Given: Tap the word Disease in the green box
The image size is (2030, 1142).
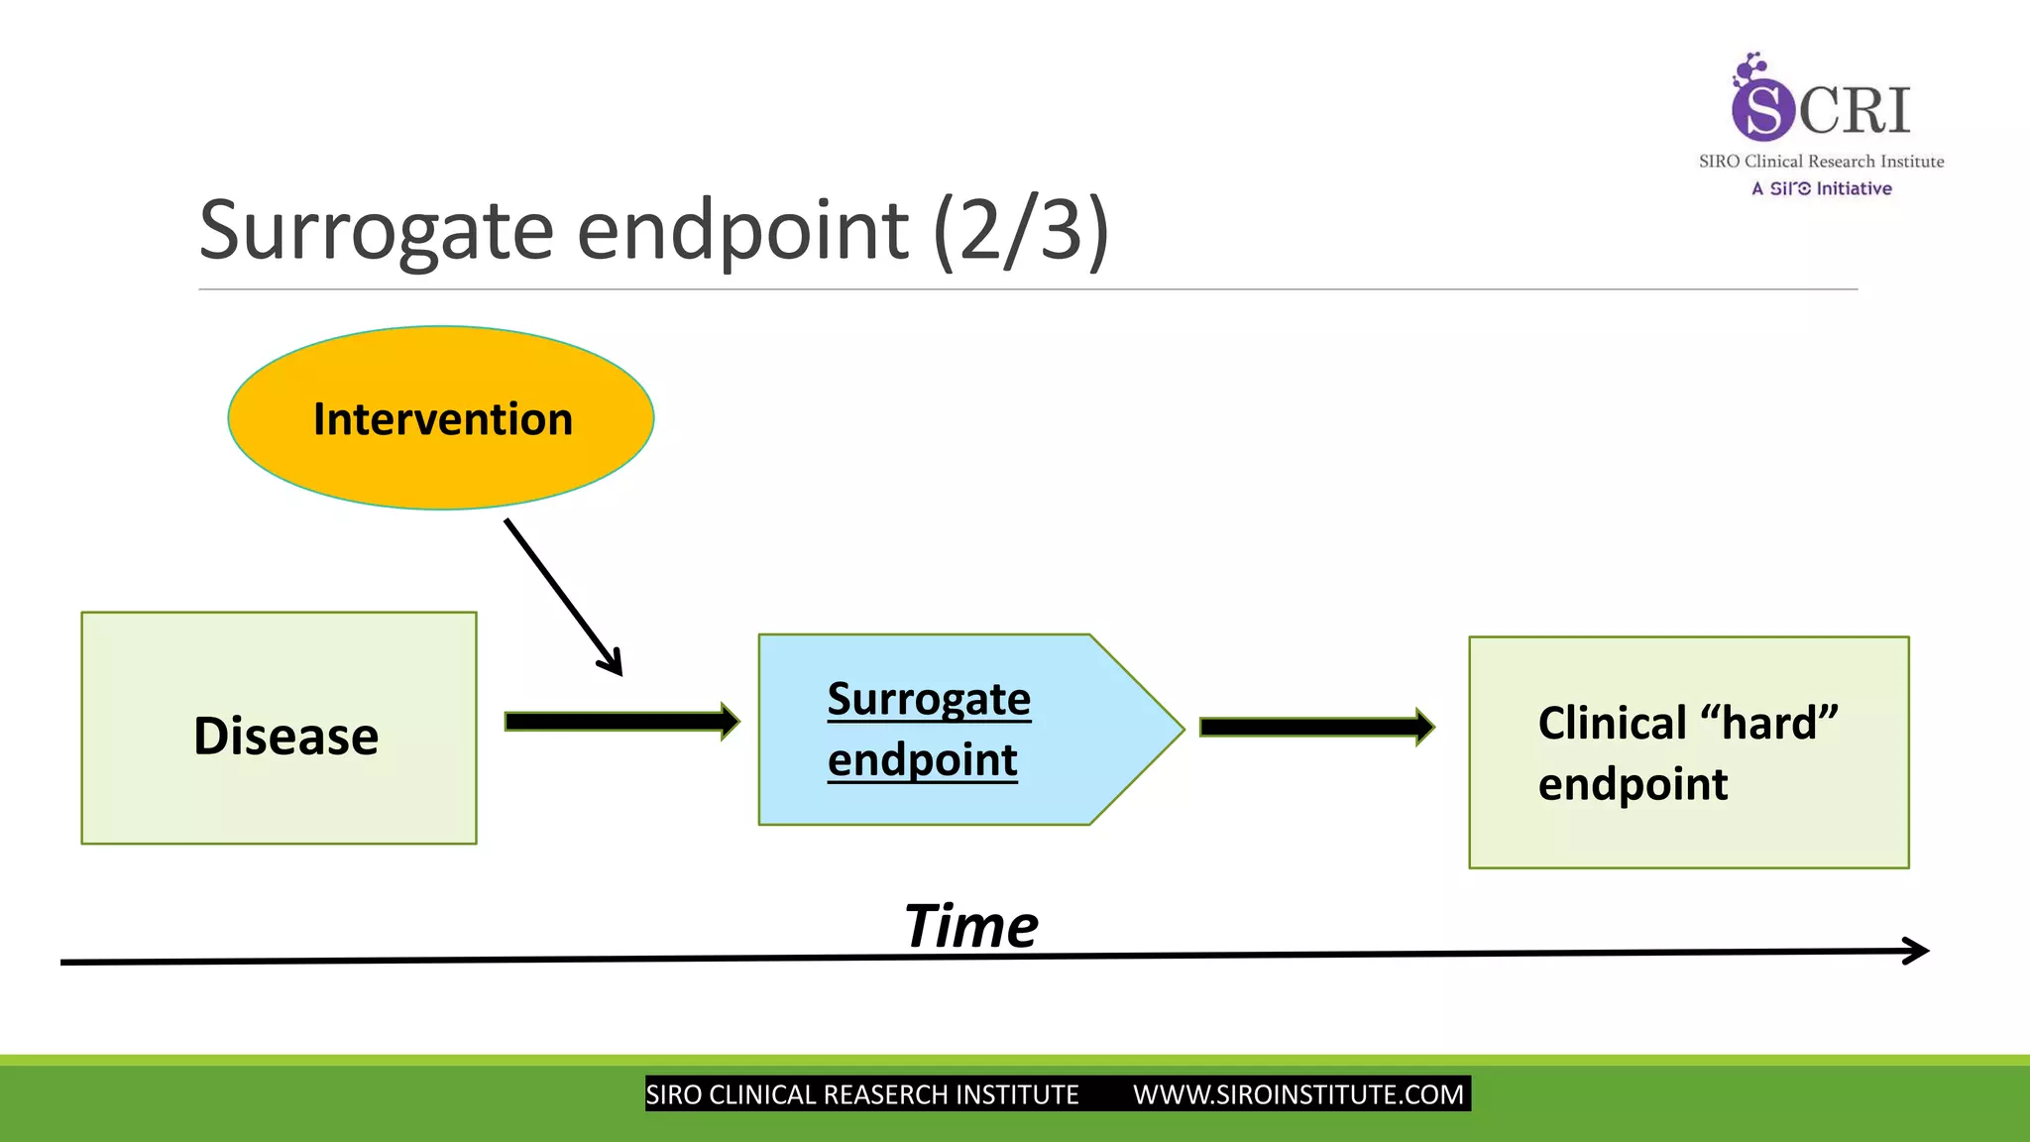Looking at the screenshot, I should [x=285, y=736].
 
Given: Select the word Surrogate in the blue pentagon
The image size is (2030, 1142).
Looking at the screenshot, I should [x=929, y=699].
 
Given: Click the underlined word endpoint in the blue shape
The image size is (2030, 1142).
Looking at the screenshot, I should [x=922, y=760].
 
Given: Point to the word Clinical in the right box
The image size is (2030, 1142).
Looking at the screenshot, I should [x=1612, y=723].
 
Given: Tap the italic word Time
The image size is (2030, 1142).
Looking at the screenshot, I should [x=970, y=927].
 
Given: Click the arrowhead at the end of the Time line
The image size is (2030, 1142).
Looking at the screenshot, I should [x=1918, y=951].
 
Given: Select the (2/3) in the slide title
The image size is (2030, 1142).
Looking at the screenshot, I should [x=1020, y=230].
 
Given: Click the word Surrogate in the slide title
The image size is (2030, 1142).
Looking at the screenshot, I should [x=376, y=230].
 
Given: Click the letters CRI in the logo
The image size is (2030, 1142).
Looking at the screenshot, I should [x=1854, y=110].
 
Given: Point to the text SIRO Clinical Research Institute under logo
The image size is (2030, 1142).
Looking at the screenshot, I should [x=1821, y=162].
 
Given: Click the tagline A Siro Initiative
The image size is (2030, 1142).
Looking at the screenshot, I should [x=1821, y=188].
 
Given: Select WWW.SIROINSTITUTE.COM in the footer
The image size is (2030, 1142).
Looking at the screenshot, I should [x=1297, y=1094].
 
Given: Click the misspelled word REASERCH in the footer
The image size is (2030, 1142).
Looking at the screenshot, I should [x=887, y=1094].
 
